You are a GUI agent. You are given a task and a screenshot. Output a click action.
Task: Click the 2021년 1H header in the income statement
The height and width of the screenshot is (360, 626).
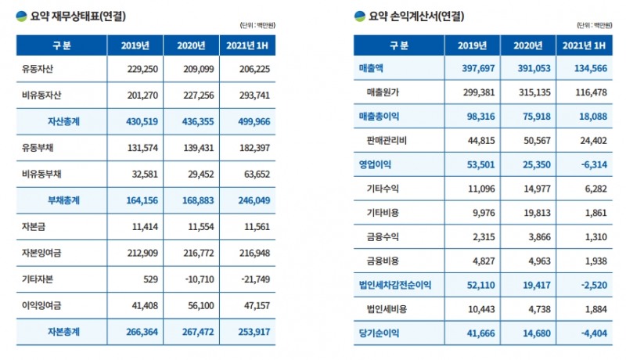584,45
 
